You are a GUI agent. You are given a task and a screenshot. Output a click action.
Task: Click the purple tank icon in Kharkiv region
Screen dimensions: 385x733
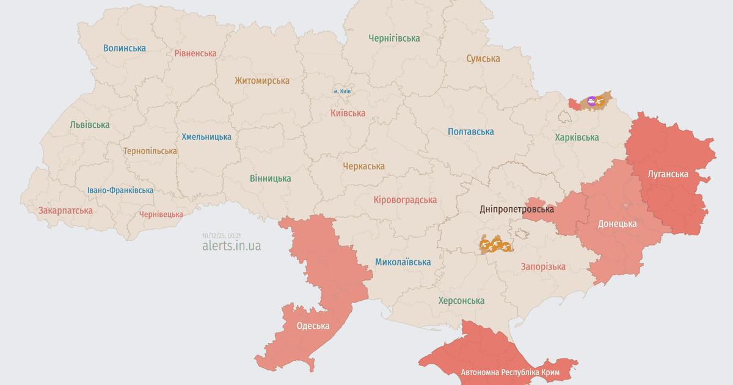point(591,101)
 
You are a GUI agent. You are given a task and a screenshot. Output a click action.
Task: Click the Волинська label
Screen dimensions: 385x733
point(125,48)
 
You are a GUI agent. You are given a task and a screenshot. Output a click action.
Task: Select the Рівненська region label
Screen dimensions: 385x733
point(195,53)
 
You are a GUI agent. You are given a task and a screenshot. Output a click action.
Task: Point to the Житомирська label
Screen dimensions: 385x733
point(262,80)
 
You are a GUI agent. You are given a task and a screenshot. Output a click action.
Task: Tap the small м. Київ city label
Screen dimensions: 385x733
point(342,91)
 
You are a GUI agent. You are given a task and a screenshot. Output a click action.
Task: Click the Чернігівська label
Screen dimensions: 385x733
point(394,38)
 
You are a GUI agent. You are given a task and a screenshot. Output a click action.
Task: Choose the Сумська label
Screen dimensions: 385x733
point(483,59)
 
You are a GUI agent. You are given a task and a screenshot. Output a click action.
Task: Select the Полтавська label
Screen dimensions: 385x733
point(470,131)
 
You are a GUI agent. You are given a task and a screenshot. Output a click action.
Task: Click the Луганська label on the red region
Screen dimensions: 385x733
point(668,174)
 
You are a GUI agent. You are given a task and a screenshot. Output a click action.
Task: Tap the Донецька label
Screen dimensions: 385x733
point(617,224)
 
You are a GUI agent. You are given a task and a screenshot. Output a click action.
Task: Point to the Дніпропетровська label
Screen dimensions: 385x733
point(517,209)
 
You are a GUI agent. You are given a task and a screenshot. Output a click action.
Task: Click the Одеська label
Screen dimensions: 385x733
point(313,326)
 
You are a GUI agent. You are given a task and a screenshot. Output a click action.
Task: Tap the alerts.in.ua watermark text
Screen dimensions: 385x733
point(232,246)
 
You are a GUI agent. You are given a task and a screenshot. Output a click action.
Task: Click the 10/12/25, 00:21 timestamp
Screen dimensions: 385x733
point(222,235)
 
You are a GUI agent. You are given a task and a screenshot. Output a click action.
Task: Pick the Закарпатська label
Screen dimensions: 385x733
point(65,210)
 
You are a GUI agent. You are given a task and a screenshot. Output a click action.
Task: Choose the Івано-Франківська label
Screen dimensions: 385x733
point(120,190)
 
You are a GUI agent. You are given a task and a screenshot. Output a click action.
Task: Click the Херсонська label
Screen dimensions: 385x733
point(461,301)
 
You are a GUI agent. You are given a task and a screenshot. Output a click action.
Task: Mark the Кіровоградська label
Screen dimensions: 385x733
point(405,200)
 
